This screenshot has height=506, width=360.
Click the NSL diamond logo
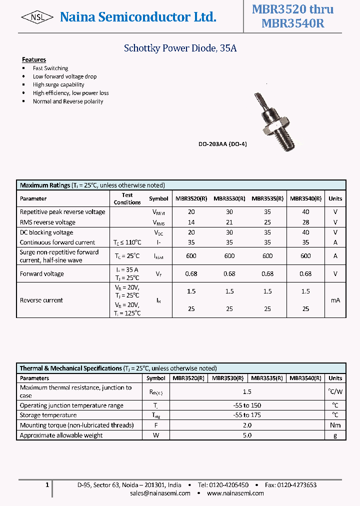[x=37, y=17]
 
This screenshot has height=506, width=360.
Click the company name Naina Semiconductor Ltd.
[x=138, y=17]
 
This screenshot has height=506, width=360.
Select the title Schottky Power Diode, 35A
[x=180, y=48]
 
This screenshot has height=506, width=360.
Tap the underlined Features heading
[x=34, y=59]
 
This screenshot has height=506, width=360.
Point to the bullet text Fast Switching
[x=50, y=68]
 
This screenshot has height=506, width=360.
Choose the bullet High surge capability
[x=58, y=84]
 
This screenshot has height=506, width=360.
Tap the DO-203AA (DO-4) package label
[x=222, y=144]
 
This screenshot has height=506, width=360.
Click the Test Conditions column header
[x=127, y=198]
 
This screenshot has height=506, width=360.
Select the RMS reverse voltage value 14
[x=191, y=222]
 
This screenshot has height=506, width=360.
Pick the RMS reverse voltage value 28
[x=305, y=222]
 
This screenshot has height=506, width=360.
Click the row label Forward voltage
[x=42, y=273]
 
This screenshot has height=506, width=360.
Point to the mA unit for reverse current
[x=335, y=300]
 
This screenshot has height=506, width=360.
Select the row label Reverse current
[x=41, y=300]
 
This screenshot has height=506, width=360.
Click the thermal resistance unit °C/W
[x=335, y=391]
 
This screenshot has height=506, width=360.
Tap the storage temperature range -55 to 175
[x=247, y=415]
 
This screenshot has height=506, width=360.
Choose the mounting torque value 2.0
[x=247, y=425]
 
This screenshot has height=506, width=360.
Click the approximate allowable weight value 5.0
[x=247, y=435]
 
